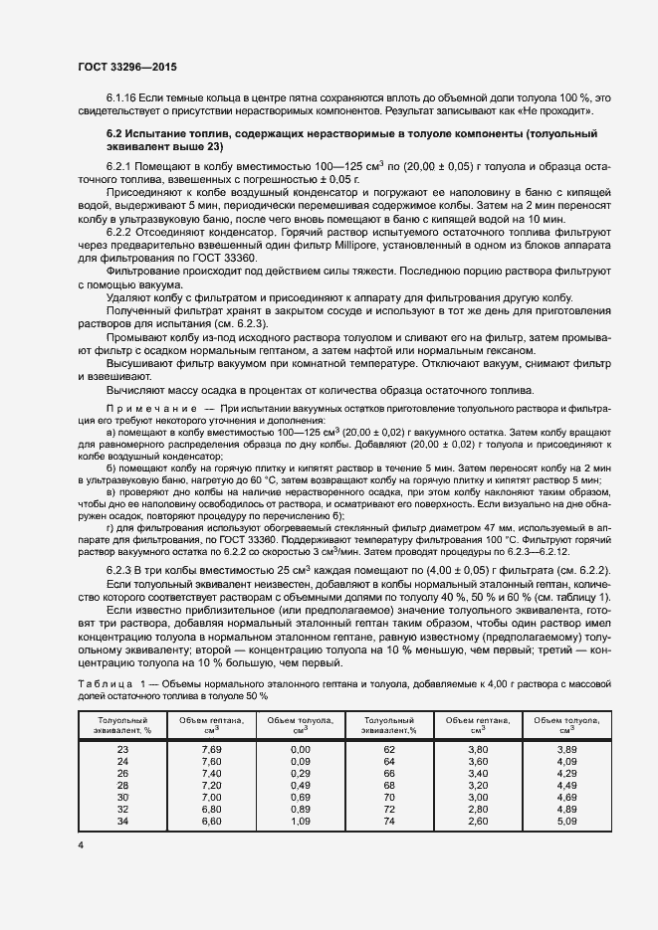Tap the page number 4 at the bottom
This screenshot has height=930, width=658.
tap(81, 844)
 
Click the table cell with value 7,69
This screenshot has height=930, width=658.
tap(212, 747)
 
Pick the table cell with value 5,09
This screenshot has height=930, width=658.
tap(566, 820)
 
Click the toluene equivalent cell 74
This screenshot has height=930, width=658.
tap(389, 820)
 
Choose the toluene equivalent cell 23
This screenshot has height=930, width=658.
tap(123, 747)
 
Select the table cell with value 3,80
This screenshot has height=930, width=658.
tap(478, 747)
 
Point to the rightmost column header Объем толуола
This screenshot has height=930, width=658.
tap(566, 724)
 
